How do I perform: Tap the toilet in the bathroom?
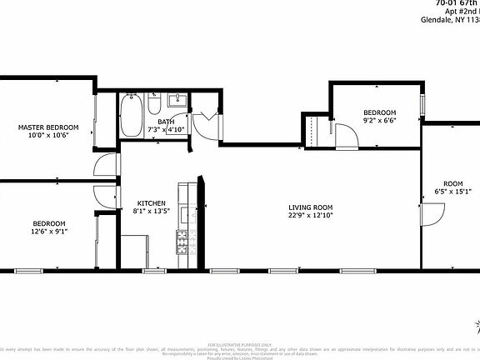click(155, 107)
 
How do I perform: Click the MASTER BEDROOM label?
click(48, 127)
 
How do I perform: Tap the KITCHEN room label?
click(151, 203)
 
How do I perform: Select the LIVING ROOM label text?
click(311, 207)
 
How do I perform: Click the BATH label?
click(166, 121)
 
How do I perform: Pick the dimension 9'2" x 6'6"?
click(379, 122)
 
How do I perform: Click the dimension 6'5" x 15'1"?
click(452, 192)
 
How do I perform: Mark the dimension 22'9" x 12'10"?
click(311, 216)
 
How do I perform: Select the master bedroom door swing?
click(105, 166)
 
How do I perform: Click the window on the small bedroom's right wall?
click(422, 107)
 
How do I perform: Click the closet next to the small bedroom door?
click(316, 131)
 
